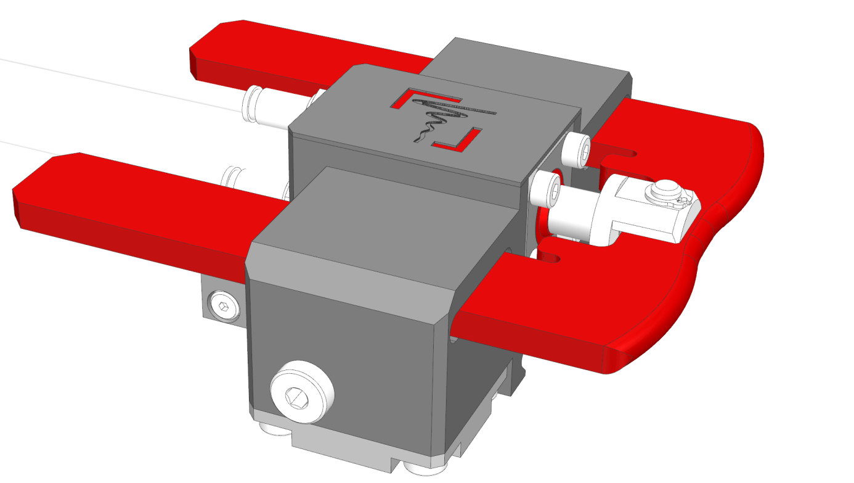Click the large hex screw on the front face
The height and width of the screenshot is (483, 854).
pos(302,392)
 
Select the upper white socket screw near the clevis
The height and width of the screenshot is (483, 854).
pos(578,149)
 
